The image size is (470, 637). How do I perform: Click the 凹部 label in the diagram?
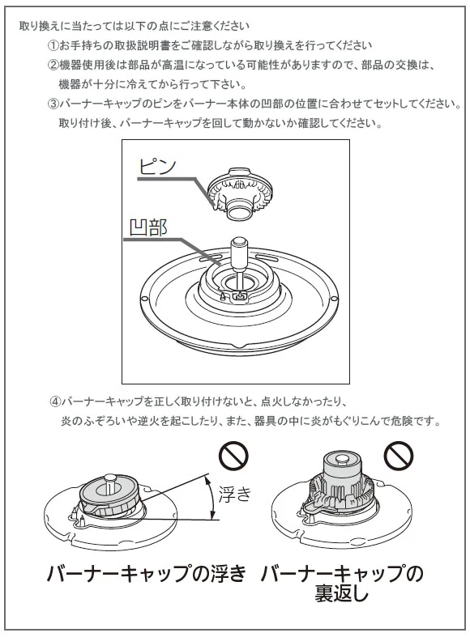coord(148,227)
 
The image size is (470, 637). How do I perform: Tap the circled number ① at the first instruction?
coord(53,45)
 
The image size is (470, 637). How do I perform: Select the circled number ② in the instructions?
coord(53,65)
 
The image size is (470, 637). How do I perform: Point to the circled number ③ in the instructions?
coord(53,104)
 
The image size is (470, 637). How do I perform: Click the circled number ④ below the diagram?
coord(56,401)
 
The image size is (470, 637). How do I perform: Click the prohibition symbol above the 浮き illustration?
coord(233,456)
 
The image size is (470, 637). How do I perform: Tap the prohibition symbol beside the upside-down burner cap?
coord(399,456)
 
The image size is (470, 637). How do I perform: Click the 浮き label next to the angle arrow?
coord(235,494)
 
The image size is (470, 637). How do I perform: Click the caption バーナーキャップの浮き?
coord(147,573)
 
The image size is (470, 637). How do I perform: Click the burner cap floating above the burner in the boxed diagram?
coord(240,193)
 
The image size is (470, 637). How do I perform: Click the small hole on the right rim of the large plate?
coord(334,299)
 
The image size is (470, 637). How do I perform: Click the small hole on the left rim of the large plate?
coord(144,298)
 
